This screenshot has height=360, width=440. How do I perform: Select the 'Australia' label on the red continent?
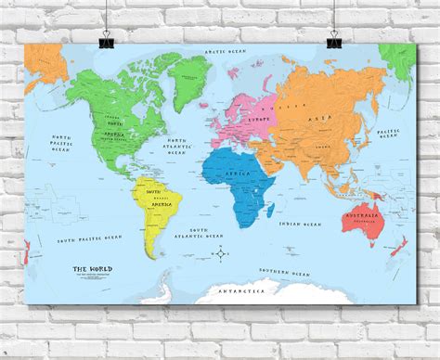point(383,217)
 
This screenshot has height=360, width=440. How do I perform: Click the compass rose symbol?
point(220,252)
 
